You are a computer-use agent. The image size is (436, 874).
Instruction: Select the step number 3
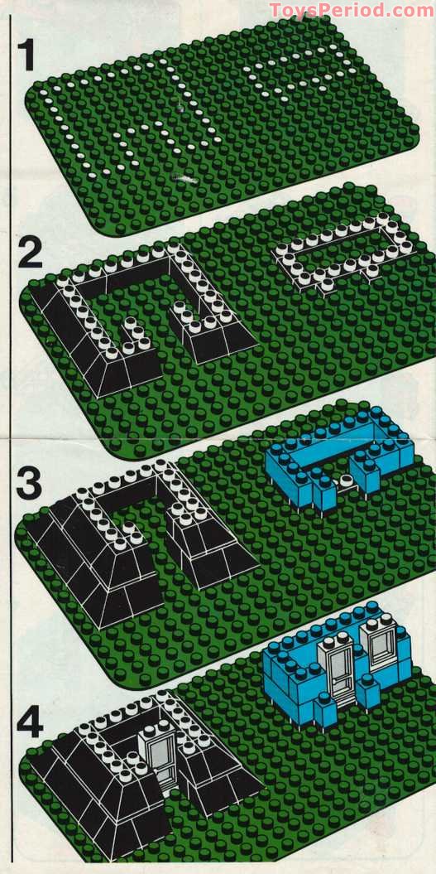(29, 485)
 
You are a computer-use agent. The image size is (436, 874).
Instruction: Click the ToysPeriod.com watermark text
(351, 10)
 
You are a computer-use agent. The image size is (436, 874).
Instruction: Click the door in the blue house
(340, 671)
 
